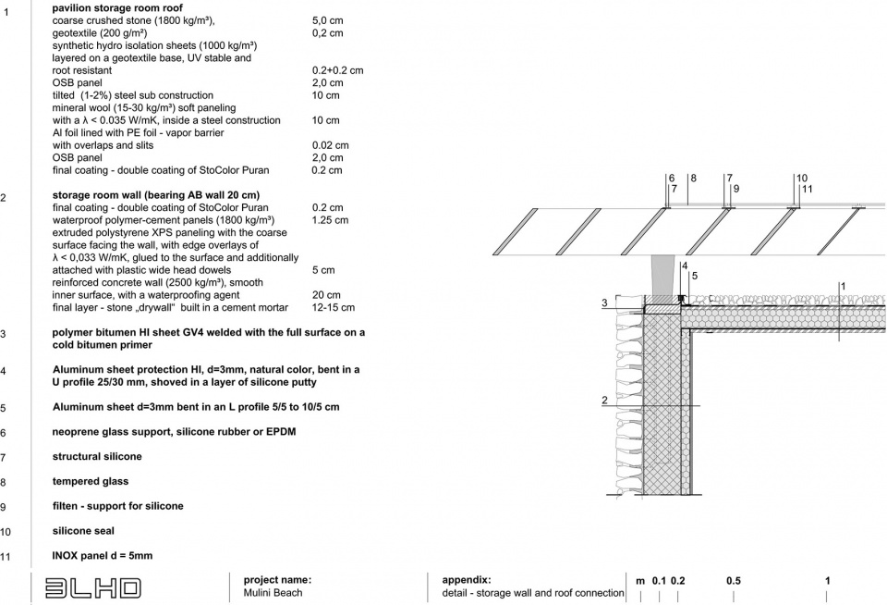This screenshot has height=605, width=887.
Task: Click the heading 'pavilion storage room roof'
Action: pos(117,7)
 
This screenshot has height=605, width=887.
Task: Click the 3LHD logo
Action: pos(87,586)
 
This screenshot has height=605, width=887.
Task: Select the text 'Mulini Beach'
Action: pos(273,593)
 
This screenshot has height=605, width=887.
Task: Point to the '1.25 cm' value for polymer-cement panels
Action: pos(330,220)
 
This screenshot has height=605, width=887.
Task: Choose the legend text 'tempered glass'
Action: pos(91,481)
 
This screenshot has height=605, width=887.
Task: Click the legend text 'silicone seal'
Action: pos(83,531)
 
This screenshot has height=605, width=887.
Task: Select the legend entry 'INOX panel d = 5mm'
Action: pos(103,556)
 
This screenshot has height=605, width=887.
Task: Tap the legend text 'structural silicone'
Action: pos(97,456)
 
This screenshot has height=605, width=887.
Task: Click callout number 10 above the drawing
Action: pos(801,178)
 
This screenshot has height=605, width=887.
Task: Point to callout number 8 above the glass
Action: pos(692,178)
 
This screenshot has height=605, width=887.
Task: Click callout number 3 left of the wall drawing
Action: pos(604,302)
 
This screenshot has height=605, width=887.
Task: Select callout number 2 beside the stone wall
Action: pos(604,401)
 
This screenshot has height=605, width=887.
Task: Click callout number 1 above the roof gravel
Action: pos(842,287)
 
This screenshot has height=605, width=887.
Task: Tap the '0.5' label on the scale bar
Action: pos(733,581)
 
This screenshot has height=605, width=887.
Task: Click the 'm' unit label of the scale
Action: pos(640,581)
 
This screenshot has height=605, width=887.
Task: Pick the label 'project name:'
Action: pos(277,580)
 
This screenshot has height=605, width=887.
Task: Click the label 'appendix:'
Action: pos(467,580)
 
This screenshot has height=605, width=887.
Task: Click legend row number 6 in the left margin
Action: pos(4,433)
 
